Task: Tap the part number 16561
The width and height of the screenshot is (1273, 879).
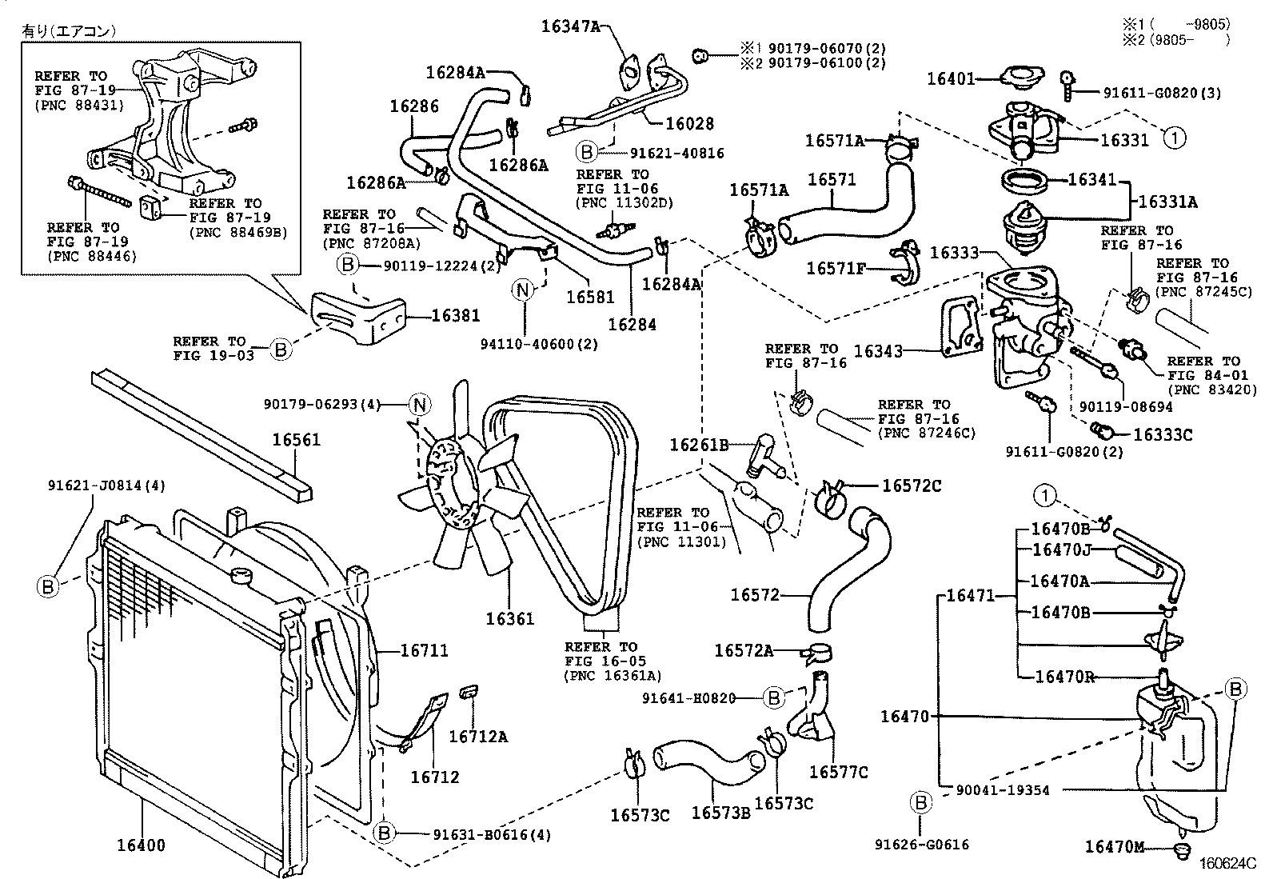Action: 296,439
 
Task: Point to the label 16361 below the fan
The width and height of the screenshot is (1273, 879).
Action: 509,618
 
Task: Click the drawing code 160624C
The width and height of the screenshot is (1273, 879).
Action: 1227,863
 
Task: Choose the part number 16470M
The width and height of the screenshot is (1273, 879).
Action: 1117,846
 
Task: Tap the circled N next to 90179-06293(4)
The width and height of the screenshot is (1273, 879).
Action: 420,405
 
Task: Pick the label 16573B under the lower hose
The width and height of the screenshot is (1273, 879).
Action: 720,813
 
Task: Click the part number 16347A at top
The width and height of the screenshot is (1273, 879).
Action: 570,26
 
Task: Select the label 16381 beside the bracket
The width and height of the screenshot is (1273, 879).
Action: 456,315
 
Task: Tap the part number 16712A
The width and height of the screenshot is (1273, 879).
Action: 477,737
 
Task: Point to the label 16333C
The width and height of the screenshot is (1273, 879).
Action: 1163,434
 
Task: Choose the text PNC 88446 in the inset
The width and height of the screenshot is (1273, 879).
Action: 92,256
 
